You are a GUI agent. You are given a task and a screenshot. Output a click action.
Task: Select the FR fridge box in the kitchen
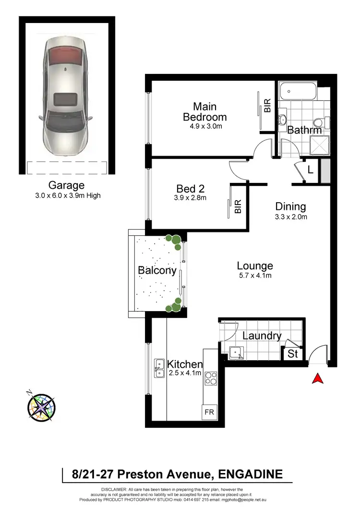tap(209, 412)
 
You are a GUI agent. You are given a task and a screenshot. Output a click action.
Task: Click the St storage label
tap(293, 355)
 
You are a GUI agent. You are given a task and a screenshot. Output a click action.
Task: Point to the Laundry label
tap(262, 336)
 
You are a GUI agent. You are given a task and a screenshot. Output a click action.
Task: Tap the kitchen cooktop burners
tap(211, 379)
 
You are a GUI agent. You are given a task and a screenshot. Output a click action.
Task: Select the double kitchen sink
tap(159, 368)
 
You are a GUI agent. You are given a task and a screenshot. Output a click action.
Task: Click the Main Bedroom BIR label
tap(268, 106)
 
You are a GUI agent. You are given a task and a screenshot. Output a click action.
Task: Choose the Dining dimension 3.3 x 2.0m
tap(290, 217)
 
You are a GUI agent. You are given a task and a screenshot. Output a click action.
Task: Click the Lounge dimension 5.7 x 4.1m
tap(254, 275)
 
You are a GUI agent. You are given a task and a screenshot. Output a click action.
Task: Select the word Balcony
tap(157, 270)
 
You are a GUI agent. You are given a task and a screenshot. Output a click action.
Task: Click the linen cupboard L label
tap(310, 170)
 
